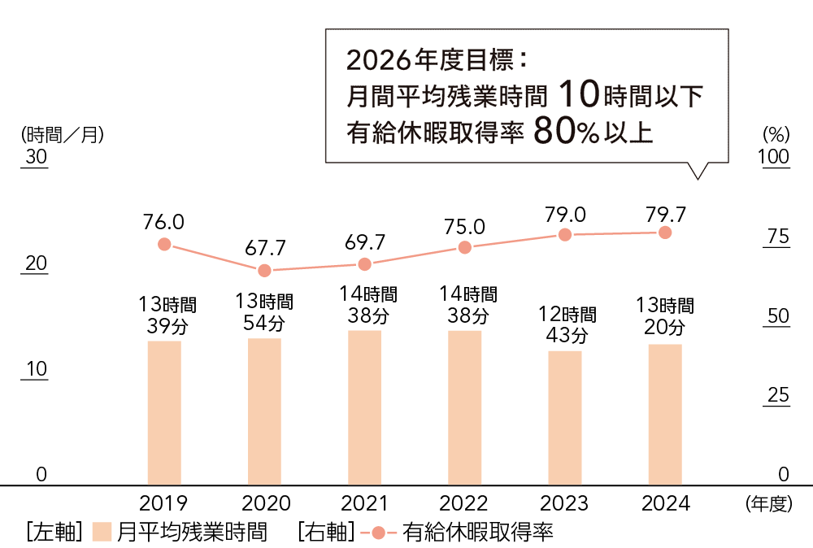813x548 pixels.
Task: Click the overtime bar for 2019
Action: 164,413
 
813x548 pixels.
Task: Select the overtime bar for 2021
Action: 364,408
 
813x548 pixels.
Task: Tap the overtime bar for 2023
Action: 565,418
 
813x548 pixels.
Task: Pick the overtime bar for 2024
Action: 665,415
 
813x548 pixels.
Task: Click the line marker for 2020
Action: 264,271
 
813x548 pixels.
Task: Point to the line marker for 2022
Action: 464,247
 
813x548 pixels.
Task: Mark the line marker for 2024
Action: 665,233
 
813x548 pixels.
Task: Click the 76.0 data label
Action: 163,222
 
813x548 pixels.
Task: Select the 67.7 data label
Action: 264,247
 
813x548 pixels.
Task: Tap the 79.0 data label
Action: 565,215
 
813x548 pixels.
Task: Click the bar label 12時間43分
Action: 566,324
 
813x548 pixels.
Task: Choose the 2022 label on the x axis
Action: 464,504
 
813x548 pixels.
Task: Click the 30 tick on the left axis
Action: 37,157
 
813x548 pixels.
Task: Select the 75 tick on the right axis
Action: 778,237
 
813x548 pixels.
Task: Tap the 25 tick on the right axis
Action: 778,395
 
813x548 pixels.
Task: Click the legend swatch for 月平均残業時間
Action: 101,533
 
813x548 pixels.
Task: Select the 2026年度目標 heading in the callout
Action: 437,60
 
